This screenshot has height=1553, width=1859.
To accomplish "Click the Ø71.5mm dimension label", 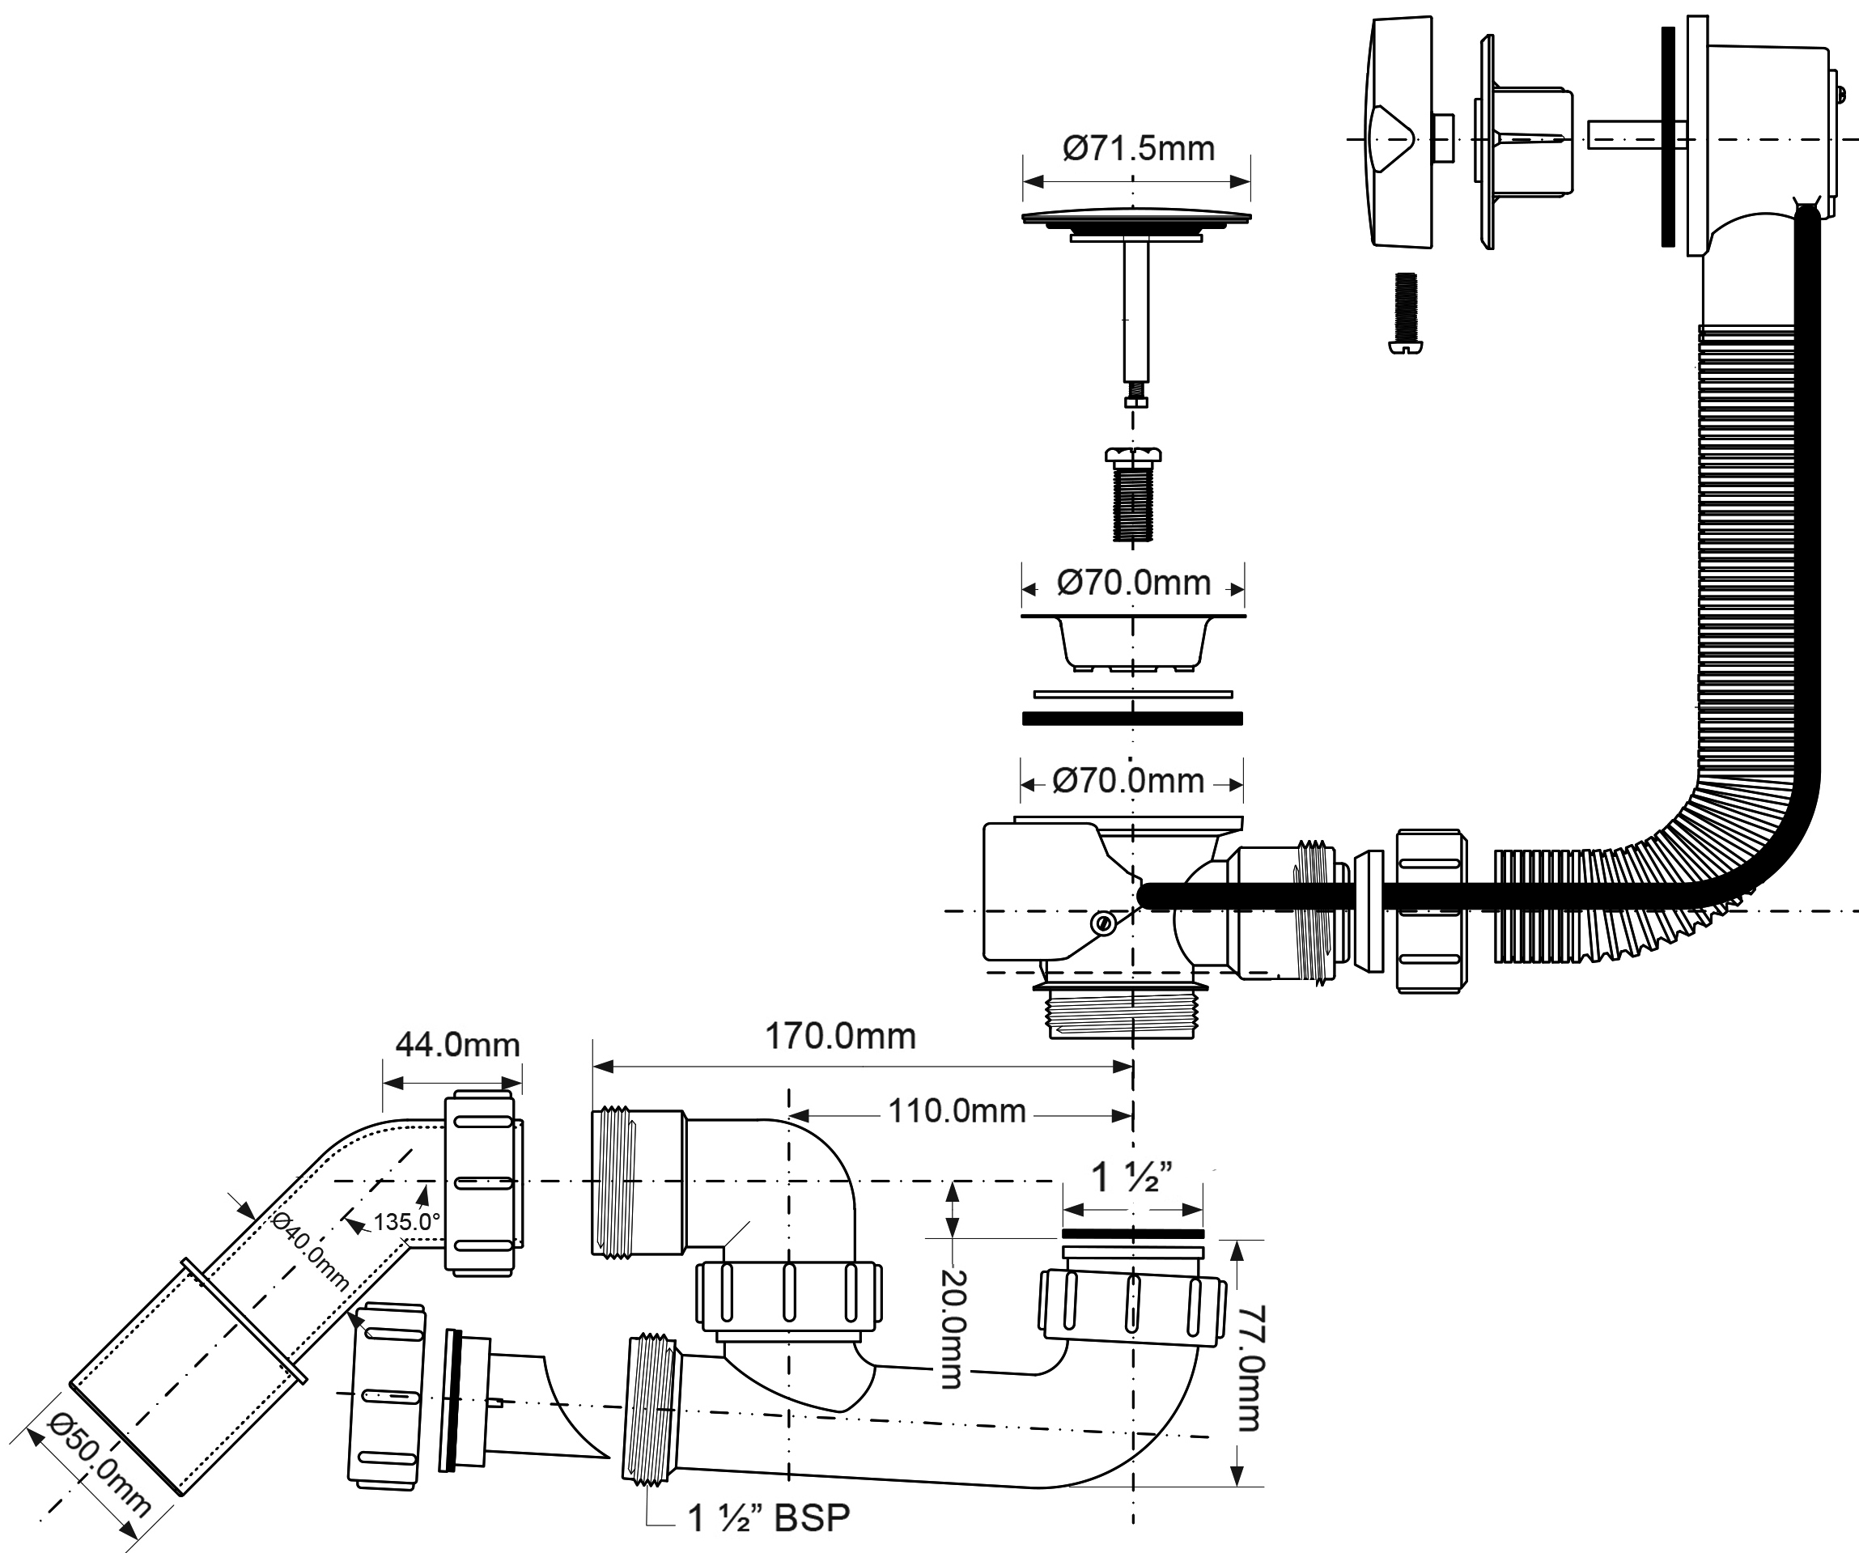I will click(1138, 149).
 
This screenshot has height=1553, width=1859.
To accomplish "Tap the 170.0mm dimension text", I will click(839, 1037).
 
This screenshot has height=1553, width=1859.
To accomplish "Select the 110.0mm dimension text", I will click(956, 1111).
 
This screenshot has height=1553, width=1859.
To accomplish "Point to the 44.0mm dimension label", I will click(456, 1045).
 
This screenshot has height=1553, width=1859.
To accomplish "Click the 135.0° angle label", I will click(406, 1222).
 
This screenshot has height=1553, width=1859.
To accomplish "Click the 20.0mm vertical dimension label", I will click(952, 1329).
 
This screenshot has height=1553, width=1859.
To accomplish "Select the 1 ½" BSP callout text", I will click(768, 1517).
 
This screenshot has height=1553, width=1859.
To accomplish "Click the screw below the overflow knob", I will click(1405, 312).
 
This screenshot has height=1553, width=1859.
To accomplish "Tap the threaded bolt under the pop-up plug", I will click(1132, 496).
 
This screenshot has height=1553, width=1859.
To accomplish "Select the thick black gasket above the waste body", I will click(1132, 718).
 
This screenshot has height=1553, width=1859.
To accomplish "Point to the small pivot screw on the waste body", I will click(1103, 923).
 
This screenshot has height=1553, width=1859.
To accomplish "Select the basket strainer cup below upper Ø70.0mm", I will click(1133, 641).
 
